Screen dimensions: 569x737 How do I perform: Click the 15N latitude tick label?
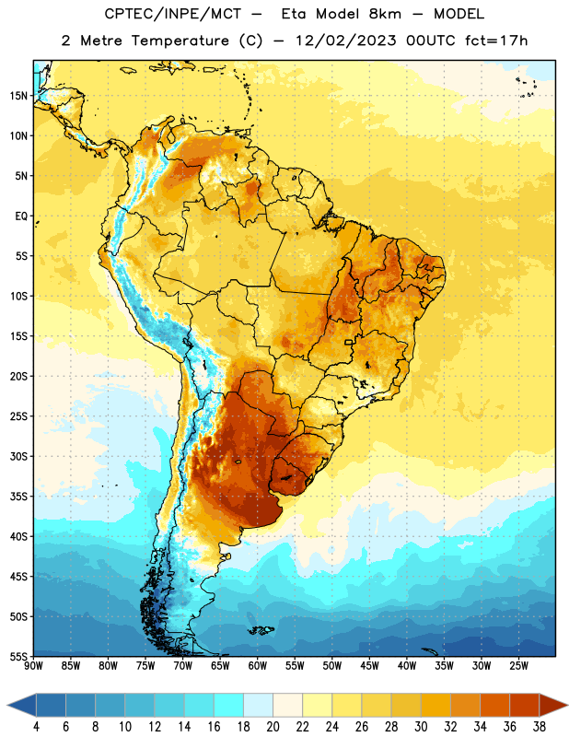(x=18, y=96)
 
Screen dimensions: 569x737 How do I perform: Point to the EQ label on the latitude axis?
(x=21, y=216)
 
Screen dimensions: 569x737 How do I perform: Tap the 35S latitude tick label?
(x=18, y=497)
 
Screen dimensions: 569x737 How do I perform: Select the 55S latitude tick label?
(x=18, y=656)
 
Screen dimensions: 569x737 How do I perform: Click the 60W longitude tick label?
(x=258, y=666)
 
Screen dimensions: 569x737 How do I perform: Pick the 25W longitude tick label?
(x=518, y=666)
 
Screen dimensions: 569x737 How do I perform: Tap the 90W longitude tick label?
(x=33, y=666)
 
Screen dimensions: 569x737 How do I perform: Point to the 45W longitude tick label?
(x=369, y=666)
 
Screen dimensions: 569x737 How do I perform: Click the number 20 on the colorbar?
(x=273, y=727)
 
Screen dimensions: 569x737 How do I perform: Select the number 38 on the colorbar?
(x=540, y=727)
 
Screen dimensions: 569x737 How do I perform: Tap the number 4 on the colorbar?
(x=36, y=727)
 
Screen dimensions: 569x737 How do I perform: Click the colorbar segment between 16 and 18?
(x=229, y=705)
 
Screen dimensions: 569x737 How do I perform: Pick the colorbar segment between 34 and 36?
(x=494, y=705)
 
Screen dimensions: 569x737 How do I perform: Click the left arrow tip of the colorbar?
(x=7, y=705)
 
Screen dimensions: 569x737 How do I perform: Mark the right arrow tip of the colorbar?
(x=567, y=705)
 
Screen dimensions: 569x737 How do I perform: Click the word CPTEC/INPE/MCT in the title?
(x=172, y=14)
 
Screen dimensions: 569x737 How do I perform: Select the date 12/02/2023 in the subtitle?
(x=345, y=41)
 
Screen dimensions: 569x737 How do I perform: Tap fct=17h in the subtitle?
(x=496, y=41)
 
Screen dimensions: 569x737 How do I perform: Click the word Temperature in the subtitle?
(x=180, y=41)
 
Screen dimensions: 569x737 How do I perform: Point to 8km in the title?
(x=385, y=14)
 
